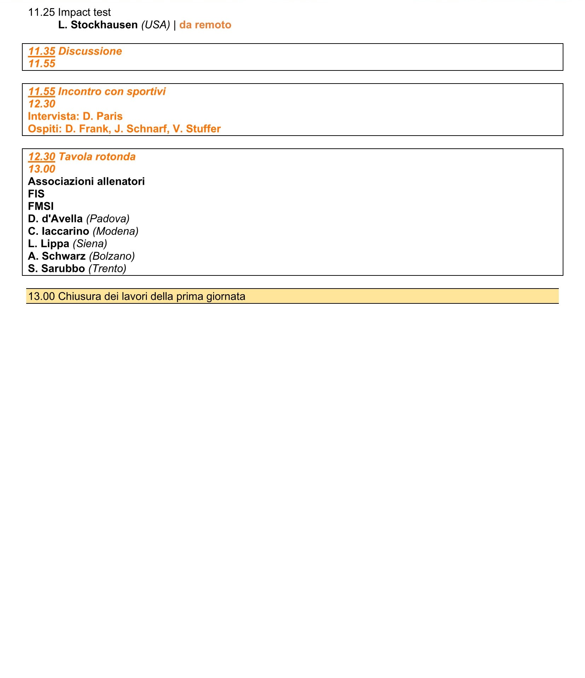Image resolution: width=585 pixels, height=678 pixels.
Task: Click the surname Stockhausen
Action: (x=104, y=25)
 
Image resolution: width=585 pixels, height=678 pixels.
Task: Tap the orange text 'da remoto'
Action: (x=205, y=25)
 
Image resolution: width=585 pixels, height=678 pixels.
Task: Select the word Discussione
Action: (x=90, y=51)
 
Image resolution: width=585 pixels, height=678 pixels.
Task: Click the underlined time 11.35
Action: (x=42, y=51)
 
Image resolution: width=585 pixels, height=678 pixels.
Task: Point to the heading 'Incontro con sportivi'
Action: (x=112, y=92)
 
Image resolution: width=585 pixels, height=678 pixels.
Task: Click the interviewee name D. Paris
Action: (x=103, y=116)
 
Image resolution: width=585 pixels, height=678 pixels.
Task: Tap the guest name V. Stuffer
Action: (x=197, y=129)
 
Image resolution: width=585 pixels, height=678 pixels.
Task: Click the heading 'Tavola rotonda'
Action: (x=97, y=157)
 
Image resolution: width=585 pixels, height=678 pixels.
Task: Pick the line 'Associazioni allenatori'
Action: (x=86, y=182)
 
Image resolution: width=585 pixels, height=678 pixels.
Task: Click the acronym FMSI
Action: (x=41, y=206)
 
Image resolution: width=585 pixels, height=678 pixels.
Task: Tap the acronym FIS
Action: (x=36, y=194)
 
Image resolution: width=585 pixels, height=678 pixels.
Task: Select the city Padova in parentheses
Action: (x=108, y=219)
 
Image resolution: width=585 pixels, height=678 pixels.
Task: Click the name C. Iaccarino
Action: (x=58, y=231)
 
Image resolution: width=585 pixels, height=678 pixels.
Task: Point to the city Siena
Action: (x=90, y=244)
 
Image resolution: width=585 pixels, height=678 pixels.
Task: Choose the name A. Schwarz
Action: (x=57, y=256)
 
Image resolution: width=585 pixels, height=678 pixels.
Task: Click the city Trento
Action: (x=107, y=268)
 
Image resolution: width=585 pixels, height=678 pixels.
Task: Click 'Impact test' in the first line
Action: (x=84, y=12)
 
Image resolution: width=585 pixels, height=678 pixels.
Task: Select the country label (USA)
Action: (x=156, y=25)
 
